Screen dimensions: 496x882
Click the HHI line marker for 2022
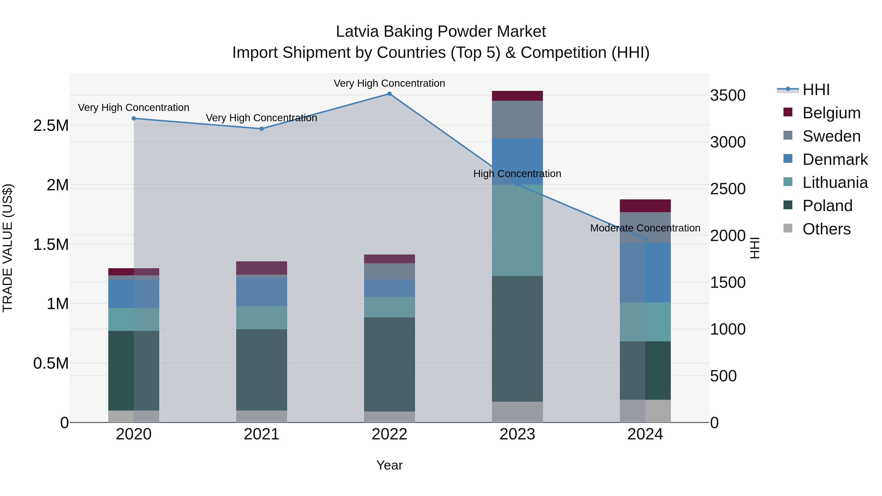point(389,94)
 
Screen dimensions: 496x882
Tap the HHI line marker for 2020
point(134,119)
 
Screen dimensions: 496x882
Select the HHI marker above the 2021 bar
point(262,129)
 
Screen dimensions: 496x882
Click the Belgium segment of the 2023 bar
point(517,96)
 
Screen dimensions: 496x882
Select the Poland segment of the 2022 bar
point(389,364)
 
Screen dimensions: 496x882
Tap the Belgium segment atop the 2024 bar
point(645,206)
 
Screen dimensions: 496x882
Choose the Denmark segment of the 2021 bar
point(262,292)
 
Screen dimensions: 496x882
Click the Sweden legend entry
point(831,136)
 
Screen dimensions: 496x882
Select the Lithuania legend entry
point(835,182)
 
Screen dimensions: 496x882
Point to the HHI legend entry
point(816,90)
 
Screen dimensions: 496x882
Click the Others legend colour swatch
point(788,228)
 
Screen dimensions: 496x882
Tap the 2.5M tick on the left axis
point(51,126)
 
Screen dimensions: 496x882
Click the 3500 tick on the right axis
point(728,95)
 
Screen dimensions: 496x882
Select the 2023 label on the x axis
point(517,434)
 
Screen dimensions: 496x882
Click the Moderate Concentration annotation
point(645,228)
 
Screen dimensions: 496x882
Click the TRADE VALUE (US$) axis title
point(8,248)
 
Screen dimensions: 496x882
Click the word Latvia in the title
point(357,32)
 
